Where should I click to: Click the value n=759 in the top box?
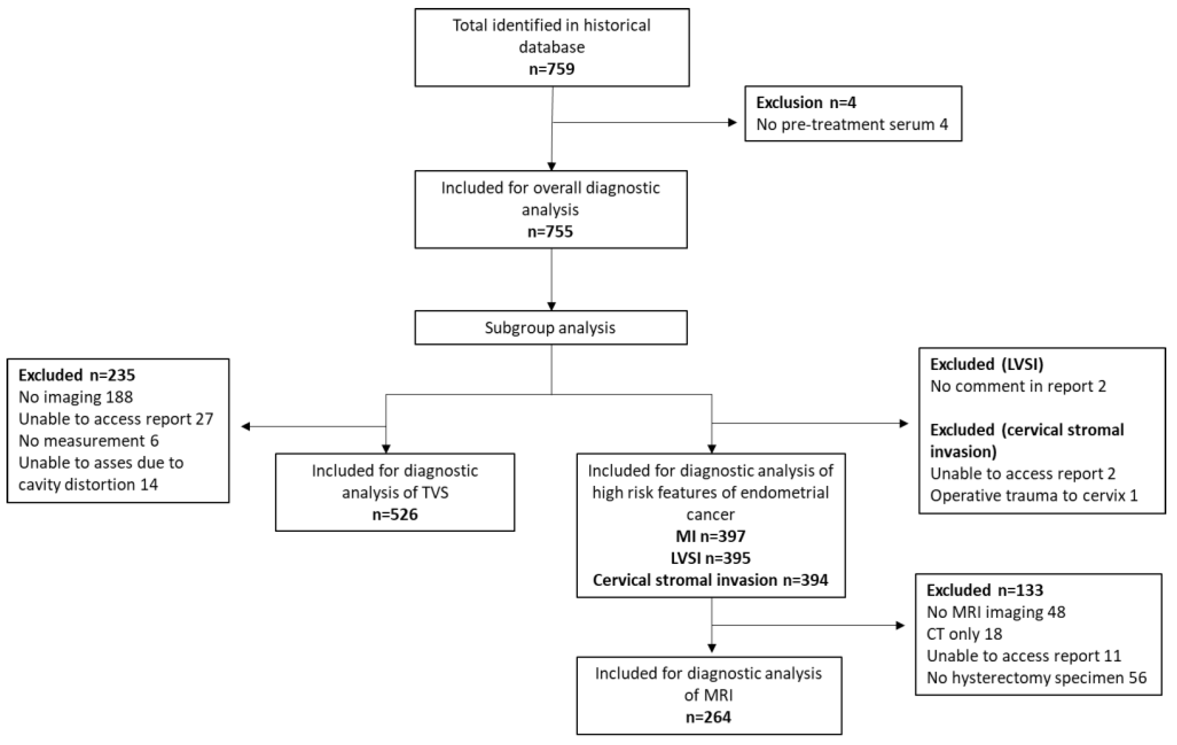point(552,69)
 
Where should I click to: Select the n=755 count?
point(550,231)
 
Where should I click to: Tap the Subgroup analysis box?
point(550,327)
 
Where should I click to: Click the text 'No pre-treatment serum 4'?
point(852,125)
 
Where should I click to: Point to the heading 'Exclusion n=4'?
point(806,103)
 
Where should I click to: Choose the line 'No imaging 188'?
point(76,397)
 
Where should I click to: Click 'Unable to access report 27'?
point(116,419)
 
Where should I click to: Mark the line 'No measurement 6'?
point(89,441)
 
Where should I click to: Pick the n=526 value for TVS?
point(395,514)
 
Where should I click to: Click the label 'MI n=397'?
point(711,536)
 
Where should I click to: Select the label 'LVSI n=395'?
point(711,558)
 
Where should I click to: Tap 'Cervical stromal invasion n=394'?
point(711,580)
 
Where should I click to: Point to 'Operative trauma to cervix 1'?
point(1034,496)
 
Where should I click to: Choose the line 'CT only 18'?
point(964,634)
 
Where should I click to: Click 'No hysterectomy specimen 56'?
point(1036,678)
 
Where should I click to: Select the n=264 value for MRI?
point(709,717)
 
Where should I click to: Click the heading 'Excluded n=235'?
point(77,376)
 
